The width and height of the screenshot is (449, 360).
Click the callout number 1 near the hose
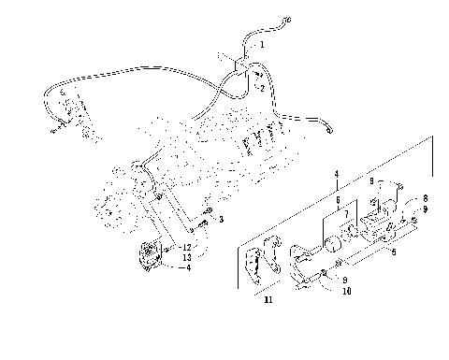coord(262,44)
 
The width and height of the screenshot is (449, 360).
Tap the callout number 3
coord(221,219)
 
